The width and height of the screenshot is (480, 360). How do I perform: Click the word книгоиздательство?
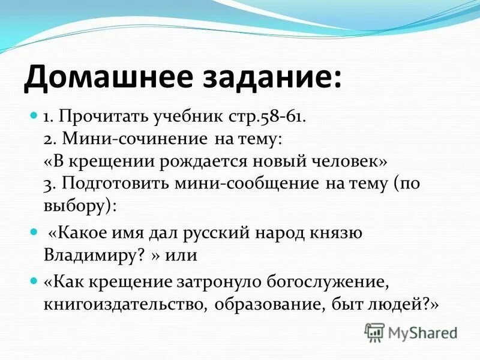pyautogui.click(x=121, y=305)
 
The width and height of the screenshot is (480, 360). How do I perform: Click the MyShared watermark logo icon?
pyautogui.click(x=374, y=332)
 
